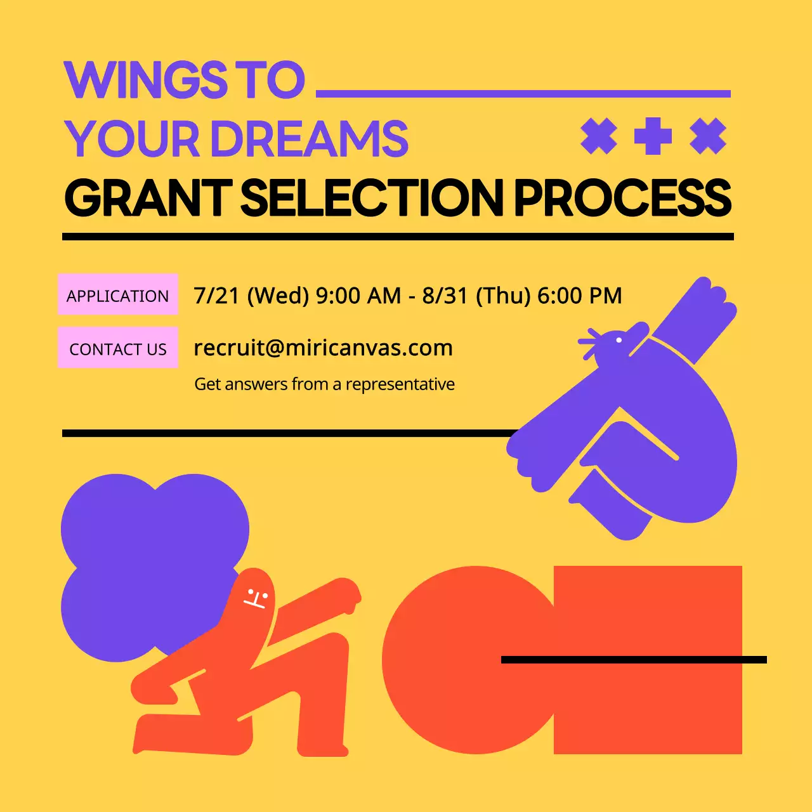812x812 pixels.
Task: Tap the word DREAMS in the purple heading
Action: point(310,140)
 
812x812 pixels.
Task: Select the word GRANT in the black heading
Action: point(148,197)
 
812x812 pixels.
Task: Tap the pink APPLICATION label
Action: point(118,295)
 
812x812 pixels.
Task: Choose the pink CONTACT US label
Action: point(118,348)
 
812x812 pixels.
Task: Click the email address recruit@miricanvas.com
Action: point(323,348)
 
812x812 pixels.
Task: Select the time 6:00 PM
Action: point(579,296)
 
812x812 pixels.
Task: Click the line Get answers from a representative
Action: point(324,384)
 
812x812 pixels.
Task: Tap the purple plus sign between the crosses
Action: point(653,136)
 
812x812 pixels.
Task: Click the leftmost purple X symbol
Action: point(598,136)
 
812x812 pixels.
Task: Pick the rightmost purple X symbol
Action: point(708,136)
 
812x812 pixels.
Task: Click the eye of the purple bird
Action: point(619,340)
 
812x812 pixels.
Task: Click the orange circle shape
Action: point(457,660)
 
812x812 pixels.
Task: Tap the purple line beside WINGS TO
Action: point(523,94)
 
